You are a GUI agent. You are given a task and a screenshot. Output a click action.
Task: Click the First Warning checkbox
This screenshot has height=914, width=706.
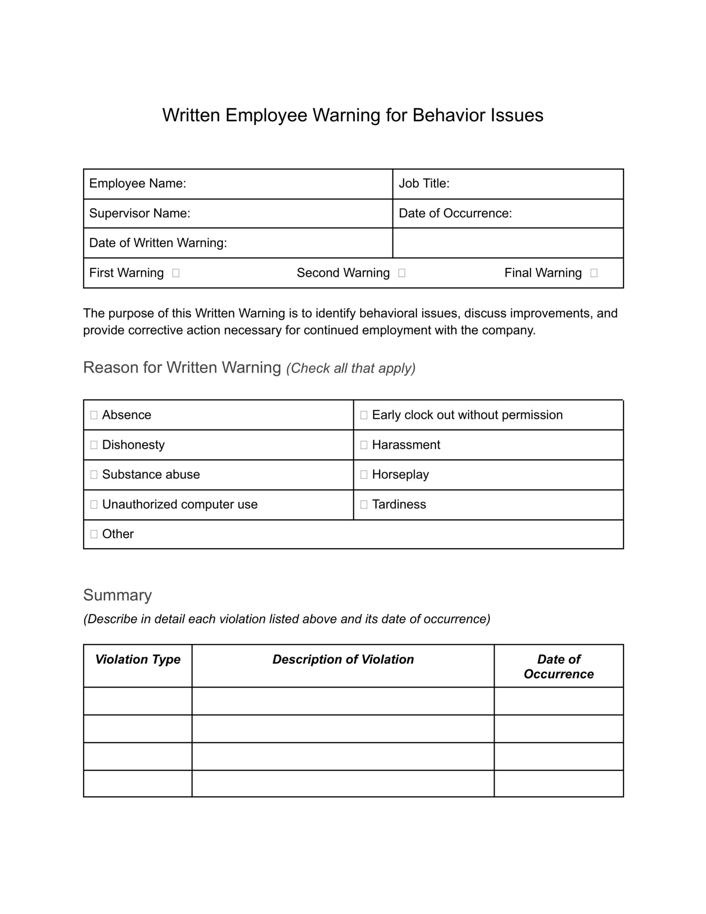click(x=176, y=273)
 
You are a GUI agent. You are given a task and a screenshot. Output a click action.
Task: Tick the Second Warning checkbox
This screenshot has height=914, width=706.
click(x=402, y=273)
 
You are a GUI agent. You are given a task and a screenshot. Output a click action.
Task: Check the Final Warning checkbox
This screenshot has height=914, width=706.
click(x=594, y=273)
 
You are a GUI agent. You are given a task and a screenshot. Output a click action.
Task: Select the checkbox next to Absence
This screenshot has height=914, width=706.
click(x=94, y=415)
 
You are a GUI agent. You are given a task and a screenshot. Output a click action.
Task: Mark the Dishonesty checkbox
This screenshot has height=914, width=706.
click(x=94, y=445)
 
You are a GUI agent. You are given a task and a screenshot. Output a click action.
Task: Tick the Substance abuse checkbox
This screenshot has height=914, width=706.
click(x=94, y=474)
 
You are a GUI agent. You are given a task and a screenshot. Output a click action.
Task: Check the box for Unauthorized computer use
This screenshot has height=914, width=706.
click(x=94, y=504)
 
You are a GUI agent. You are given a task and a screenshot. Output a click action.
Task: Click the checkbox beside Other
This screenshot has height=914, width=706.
click(x=94, y=534)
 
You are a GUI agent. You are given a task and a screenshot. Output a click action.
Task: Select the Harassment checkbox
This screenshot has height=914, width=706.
click(x=364, y=445)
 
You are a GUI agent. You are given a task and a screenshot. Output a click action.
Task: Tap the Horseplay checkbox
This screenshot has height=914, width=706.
click(x=364, y=474)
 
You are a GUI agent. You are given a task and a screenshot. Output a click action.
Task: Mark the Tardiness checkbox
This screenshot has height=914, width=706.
click(x=364, y=504)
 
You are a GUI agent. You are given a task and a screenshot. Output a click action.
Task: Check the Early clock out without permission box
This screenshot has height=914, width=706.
click(x=364, y=415)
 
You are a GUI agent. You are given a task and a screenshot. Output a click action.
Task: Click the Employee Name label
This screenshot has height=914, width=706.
click(x=137, y=183)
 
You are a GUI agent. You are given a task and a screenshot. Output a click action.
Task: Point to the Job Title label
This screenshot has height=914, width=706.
click(x=424, y=183)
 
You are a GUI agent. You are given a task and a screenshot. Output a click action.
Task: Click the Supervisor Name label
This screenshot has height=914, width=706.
click(x=140, y=213)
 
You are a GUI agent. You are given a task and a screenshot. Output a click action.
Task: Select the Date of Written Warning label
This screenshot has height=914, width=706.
click(x=158, y=243)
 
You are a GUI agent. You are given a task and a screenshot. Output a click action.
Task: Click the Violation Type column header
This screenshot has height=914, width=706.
click(x=138, y=659)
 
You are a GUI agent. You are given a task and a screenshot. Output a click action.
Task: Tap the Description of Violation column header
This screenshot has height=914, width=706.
click(x=343, y=659)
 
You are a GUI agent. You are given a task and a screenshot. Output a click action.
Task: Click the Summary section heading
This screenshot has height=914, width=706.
click(x=117, y=595)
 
